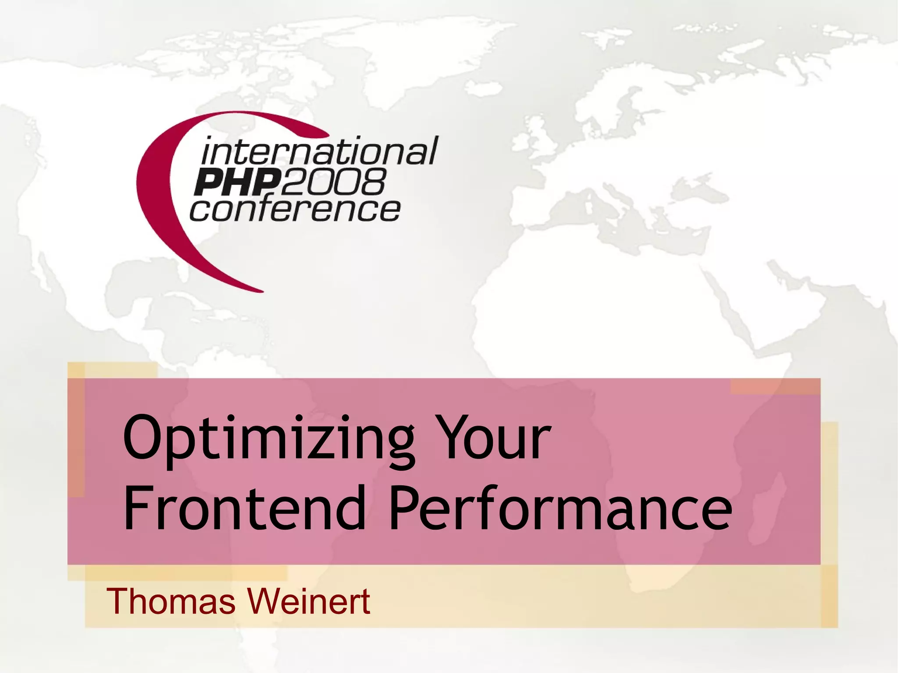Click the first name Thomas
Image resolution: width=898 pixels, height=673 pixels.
coord(171,602)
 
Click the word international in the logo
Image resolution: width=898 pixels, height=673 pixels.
coord(319,151)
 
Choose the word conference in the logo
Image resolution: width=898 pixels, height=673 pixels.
coord(295,210)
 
